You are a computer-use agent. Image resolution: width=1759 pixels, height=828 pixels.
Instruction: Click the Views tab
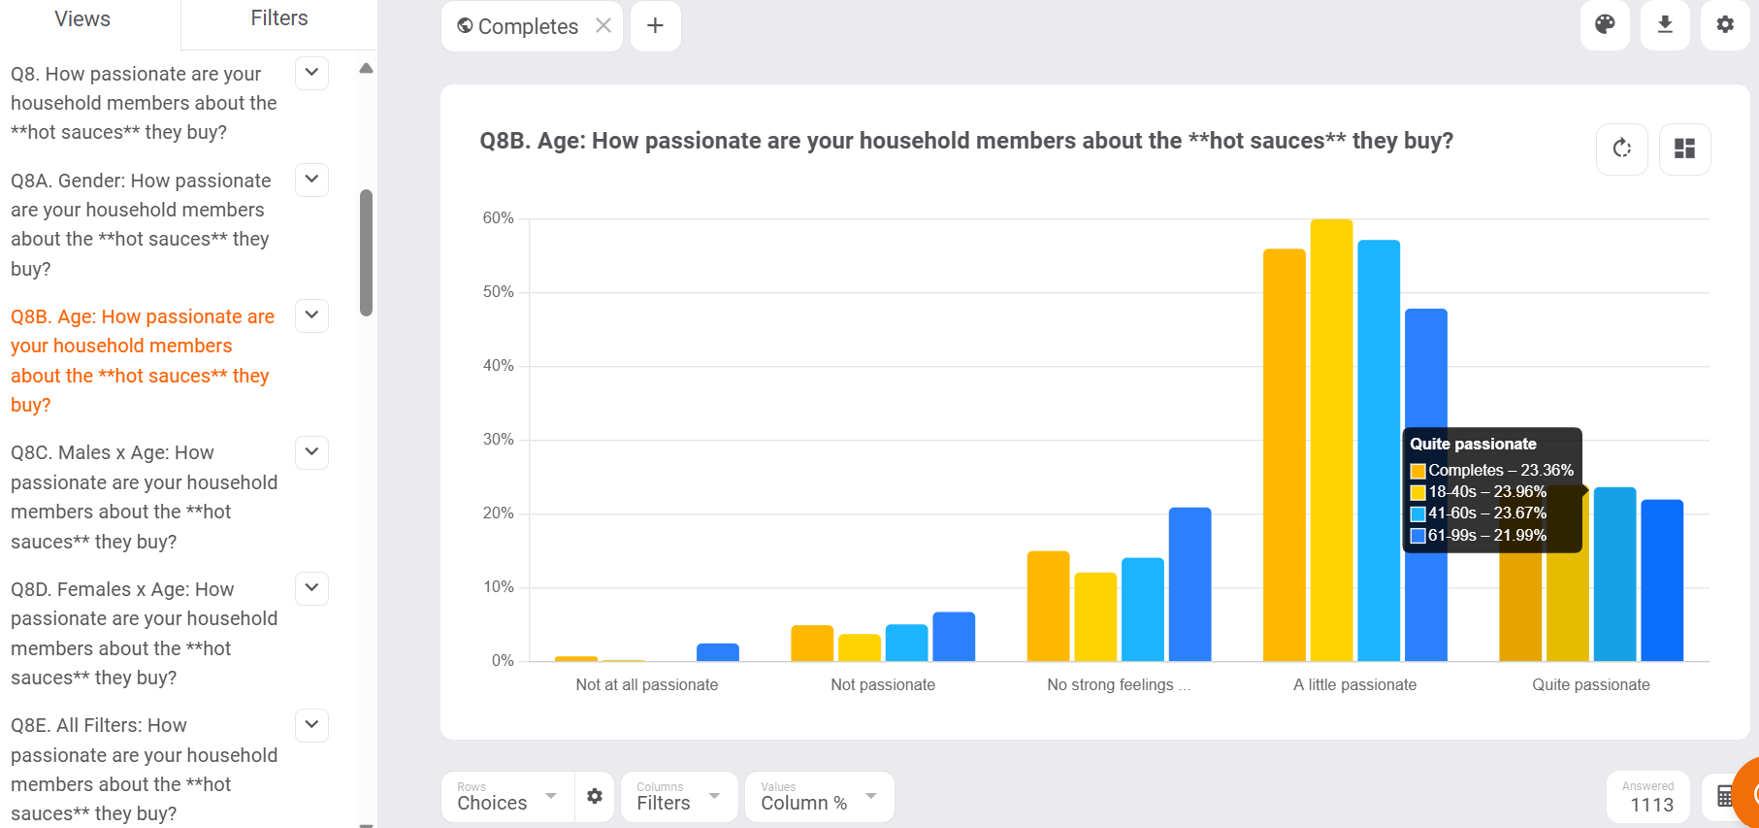[x=82, y=19]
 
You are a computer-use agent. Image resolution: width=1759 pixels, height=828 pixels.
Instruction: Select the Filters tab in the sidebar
[x=279, y=18]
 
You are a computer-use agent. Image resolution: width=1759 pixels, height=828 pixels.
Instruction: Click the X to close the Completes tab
[x=603, y=26]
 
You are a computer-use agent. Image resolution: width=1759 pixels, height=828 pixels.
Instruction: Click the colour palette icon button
[x=1605, y=24]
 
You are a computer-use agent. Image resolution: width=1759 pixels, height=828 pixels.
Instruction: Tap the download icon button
[x=1665, y=24]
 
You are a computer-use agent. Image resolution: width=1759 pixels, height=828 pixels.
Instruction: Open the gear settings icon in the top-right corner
[x=1725, y=24]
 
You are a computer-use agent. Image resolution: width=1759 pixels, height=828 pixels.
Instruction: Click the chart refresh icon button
[x=1622, y=149]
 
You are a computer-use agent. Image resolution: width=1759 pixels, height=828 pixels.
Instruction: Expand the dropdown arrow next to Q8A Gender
[x=311, y=180]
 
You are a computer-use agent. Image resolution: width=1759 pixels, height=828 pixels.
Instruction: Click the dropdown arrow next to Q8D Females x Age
[x=311, y=588]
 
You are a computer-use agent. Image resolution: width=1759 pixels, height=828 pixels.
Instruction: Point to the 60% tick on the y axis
[x=499, y=218]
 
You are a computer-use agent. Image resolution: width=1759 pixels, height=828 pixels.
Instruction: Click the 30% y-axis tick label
[x=499, y=440]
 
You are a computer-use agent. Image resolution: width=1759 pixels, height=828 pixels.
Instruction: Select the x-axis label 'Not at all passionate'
[x=647, y=685]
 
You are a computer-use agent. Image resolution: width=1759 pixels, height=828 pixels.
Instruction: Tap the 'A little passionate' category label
[x=1354, y=685]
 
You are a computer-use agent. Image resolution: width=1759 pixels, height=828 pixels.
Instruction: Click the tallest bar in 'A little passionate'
[x=1331, y=437]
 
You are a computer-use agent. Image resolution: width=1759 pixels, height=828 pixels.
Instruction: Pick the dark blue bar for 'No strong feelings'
[x=1189, y=582]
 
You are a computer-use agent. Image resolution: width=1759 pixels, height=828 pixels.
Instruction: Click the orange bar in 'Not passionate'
[x=812, y=643]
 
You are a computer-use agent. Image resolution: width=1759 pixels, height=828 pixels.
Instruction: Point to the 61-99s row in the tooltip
[x=1486, y=536]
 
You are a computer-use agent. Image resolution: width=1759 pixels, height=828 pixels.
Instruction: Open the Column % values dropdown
[x=818, y=797]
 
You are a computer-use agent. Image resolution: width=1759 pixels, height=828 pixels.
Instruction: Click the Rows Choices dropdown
[x=506, y=797]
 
